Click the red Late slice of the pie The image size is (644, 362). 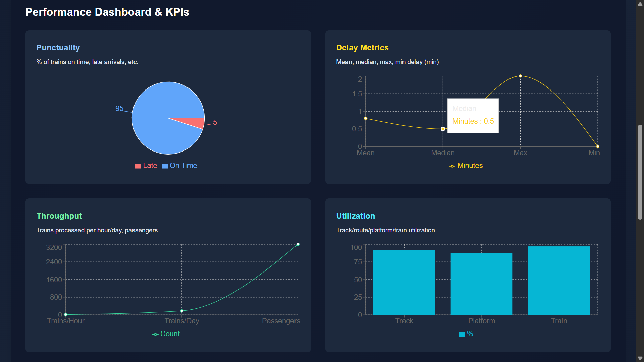(193, 122)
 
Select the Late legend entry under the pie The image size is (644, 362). (146, 166)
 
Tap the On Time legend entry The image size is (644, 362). (179, 166)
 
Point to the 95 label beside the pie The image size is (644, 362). (119, 109)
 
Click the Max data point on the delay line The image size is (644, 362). (520, 76)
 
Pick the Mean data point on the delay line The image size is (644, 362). (366, 118)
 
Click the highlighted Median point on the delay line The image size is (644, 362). (443, 129)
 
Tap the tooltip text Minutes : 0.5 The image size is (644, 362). (473, 121)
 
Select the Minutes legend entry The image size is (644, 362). (466, 166)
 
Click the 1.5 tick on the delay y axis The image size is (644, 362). (357, 94)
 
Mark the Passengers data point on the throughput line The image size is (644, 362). (298, 244)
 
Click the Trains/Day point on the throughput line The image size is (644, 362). (182, 311)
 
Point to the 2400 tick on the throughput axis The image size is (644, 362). (54, 262)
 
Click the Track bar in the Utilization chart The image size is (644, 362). (404, 282)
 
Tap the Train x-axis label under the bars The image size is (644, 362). (559, 321)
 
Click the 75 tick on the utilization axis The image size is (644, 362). (358, 262)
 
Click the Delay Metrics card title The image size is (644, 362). (362, 48)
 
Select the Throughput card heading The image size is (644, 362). (59, 216)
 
